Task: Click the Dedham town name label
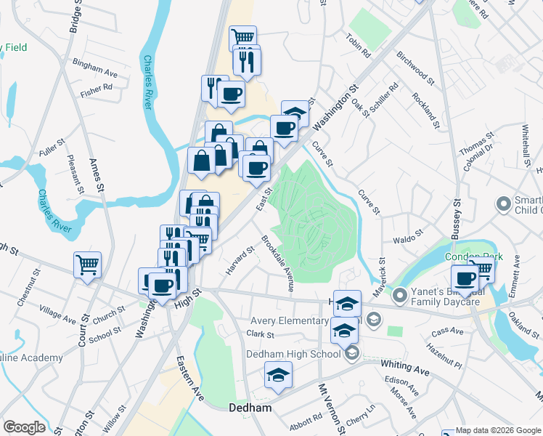coord(251,408)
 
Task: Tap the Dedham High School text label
coord(295,354)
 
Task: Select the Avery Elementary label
coord(299,320)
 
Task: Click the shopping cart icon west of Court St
coord(87,265)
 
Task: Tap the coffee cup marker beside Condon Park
coord(465,278)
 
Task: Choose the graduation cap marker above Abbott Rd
coord(277,376)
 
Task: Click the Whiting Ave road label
coord(405,368)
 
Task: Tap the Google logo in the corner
coord(23,427)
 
